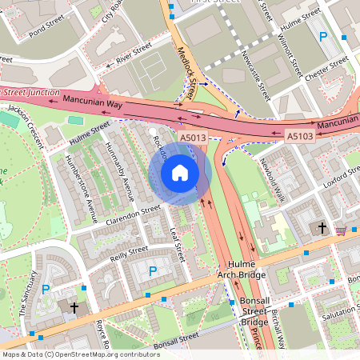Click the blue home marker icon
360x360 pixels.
tap(179, 172)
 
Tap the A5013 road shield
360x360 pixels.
tap(193, 138)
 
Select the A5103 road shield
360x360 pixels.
tap(300, 138)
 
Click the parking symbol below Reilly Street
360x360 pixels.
tap(152, 272)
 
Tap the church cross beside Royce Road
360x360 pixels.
tap(74, 307)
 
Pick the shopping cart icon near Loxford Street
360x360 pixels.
tap(342, 230)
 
